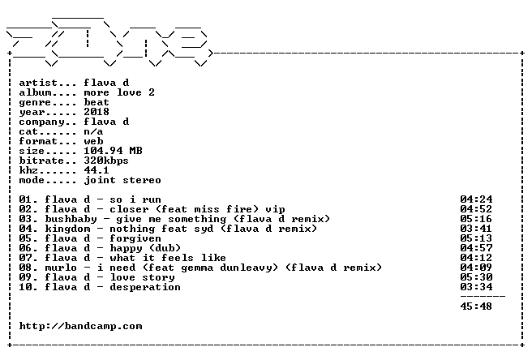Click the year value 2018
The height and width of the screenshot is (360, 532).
pyautogui.click(x=97, y=112)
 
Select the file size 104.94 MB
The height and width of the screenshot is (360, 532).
pyautogui.click(x=113, y=151)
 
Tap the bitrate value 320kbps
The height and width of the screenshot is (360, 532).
pyautogui.click(x=106, y=161)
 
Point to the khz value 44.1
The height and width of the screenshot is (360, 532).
pyautogui.click(x=97, y=170)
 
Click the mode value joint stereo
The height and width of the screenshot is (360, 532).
pyautogui.click(x=122, y=181)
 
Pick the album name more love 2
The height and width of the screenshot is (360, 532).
pyautogui.click(x=119, y=92)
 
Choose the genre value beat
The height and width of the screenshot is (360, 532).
pyautogui.click(x=97, y=102)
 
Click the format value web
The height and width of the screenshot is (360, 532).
pyautogui.click(x=93, y=141)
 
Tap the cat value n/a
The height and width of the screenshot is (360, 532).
pyautogui.click(x=93, y=131)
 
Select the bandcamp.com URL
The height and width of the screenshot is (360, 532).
pyautogui.click(x=81, y=327)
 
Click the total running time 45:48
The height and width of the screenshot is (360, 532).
pyautogui.click(x=476, y=306)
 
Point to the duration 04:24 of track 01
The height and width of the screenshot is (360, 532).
pyautogui.click(x=476, y=199)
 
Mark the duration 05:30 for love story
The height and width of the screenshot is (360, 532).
pyautogui.click(x=476, y=277)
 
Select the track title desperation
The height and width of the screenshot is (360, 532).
pyautogui.click(x=145, y=287)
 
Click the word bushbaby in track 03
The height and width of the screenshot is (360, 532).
pyautogui.click(x=71, y=219)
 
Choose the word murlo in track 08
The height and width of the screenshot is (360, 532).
pyautogui.click(x=61, y=268)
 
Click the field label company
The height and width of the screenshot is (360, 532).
pyautogui.click(x=41, y=122)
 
